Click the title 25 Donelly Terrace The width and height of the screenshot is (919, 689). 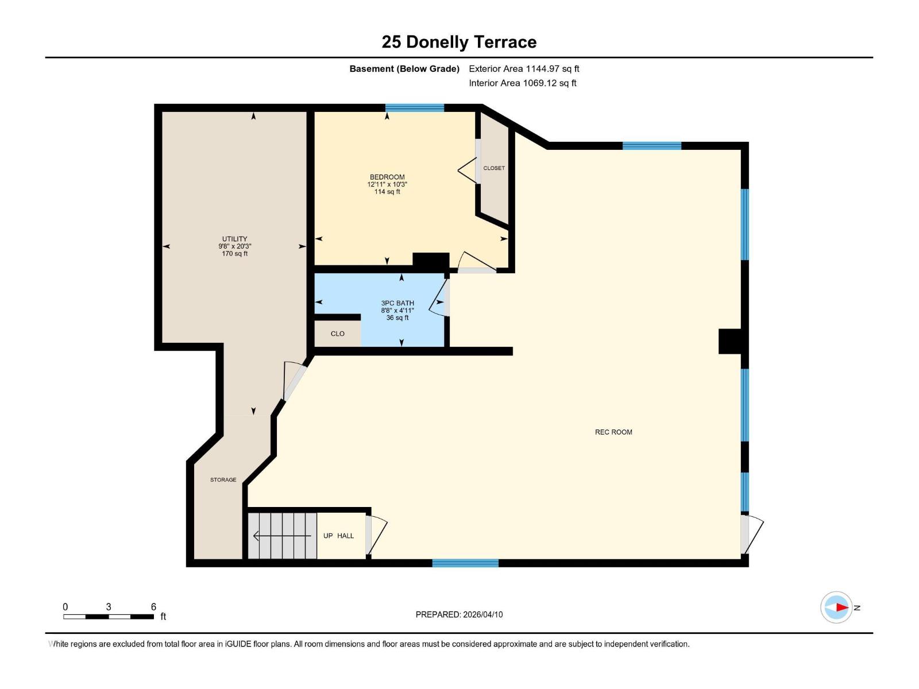[459, 42]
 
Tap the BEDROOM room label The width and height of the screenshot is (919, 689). [387, 177]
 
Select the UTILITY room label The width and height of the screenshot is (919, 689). [234, 239]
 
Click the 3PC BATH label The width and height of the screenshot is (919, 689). [397, 303]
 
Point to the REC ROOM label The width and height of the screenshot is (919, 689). [613, 432]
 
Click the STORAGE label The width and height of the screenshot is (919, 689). [223, 479]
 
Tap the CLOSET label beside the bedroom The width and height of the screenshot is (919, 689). [494, 168]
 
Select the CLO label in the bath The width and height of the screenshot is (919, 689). [338, 334]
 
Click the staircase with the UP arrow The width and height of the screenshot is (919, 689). [283, 536]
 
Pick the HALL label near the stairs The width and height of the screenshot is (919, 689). [345, 536]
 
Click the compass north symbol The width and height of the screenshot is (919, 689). [836, 607]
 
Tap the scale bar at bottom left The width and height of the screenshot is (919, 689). [109, 617]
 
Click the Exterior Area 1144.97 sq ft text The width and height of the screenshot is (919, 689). [524, 68]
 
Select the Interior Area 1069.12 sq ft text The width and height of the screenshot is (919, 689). [522, 83]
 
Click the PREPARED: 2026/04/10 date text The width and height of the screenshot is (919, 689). [459, 614]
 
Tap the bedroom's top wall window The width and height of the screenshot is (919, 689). [414, 107]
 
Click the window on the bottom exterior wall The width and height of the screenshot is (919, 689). [465, 563]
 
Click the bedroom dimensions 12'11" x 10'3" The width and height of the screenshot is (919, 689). [387, 184]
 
